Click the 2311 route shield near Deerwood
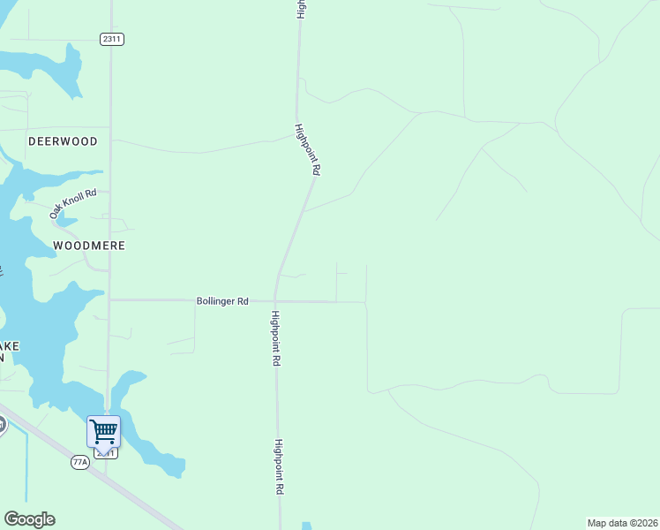pos(111,39)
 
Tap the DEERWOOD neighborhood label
pos(63,141)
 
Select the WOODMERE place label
pos(89,246)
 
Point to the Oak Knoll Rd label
pos(72,203)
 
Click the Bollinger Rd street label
pos(222,301)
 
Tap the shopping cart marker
pos(103,432)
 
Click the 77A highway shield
pos(81,462)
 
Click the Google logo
pos(29,519)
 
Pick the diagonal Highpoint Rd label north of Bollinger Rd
pos(307,149)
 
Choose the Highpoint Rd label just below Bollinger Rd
pos(276,339)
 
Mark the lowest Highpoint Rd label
pos(279,466)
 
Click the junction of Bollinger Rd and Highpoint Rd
pos(276,301)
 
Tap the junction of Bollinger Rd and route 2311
pos(109,299)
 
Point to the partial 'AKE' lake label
pos(10,345)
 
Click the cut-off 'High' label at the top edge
pos(301,9)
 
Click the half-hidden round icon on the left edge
pos(3,425)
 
